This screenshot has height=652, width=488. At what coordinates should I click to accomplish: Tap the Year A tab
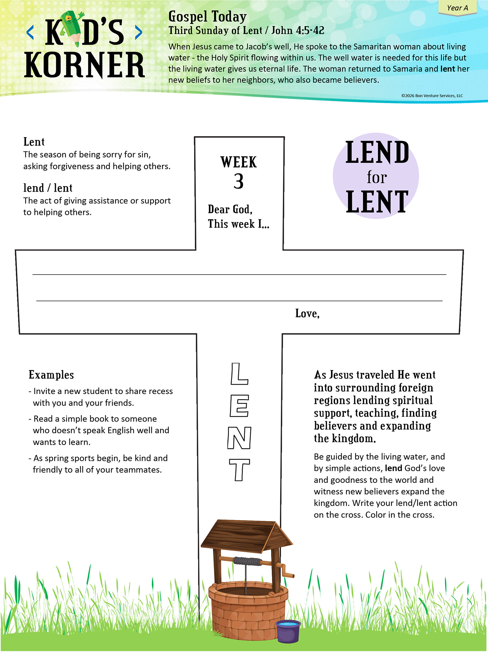(x=457, y=8)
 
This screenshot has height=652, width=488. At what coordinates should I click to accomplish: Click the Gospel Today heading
(x=207, y=17)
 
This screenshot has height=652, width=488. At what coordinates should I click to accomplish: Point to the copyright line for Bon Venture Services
(x=432, y=96)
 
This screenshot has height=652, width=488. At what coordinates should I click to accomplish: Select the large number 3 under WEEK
(x=238, y=182)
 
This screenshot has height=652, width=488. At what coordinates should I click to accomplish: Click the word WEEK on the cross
(x=238, y=162)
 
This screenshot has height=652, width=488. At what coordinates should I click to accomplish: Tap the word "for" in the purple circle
(x=376, y=177)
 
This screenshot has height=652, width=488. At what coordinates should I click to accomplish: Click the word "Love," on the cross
(x=307, y=313)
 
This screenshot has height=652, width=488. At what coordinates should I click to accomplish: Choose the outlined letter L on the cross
(x=239, y=374)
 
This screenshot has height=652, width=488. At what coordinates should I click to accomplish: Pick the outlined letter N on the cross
(x=239, y=438)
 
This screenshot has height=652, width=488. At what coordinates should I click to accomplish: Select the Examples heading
(x=51, y=375)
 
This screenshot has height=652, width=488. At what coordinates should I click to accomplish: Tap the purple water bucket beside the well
(x=288, y=631)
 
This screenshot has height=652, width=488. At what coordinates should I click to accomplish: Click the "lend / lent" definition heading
(x=48, y=188)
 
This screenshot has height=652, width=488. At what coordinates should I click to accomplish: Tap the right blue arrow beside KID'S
(x=138, y=32)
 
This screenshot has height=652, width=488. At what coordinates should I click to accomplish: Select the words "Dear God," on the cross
(x=230, y=209)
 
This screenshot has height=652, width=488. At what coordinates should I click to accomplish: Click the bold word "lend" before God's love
(x=393, y=468)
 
